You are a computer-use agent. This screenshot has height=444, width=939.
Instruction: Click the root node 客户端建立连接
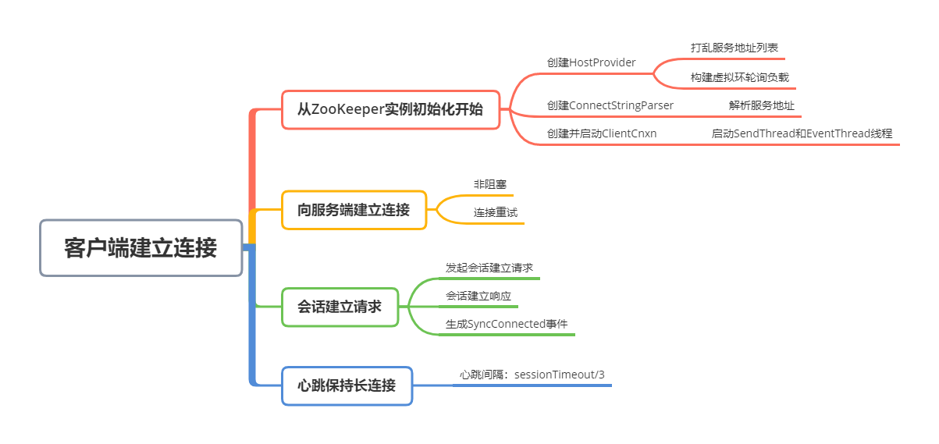(x=141, y=248)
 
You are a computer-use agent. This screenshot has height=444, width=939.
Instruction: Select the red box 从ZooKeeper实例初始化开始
(x=391, y=109)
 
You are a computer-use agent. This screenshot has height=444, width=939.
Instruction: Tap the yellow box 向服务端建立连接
(x=354, y=210)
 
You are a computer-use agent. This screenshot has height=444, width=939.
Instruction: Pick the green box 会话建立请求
(x=340, y=307)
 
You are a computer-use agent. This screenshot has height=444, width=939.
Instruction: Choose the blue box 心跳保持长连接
(x=347, y=385)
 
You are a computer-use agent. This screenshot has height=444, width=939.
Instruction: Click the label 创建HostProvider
(x=591, y=62)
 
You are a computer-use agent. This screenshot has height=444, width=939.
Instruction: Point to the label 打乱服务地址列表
(x=734, y=48)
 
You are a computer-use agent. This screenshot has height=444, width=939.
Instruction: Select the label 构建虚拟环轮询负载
(x=740, y=77)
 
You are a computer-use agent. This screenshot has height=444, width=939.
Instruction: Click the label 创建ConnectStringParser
(x=610, y=105)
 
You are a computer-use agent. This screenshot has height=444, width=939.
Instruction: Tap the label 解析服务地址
(x=762, y=105)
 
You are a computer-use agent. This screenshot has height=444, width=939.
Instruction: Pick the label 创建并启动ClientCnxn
(x=602, y=133)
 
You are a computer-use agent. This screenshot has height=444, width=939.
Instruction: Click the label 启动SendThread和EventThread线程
(x=802, y=133)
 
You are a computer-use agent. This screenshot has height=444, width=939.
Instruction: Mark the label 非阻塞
(x=490, y=184)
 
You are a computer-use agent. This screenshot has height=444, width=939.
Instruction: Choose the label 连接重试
(x=496, y=212)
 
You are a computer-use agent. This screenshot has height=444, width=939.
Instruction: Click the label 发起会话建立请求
(x=489, y=268)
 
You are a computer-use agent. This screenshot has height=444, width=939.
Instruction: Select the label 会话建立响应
(x=478, y=296)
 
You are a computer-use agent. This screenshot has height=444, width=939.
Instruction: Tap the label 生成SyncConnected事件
(x=507, y=324)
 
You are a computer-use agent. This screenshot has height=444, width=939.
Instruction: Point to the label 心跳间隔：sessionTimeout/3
(x=532, y=375)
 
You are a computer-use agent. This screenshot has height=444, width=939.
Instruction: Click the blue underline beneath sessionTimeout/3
(x=532, y=385)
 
